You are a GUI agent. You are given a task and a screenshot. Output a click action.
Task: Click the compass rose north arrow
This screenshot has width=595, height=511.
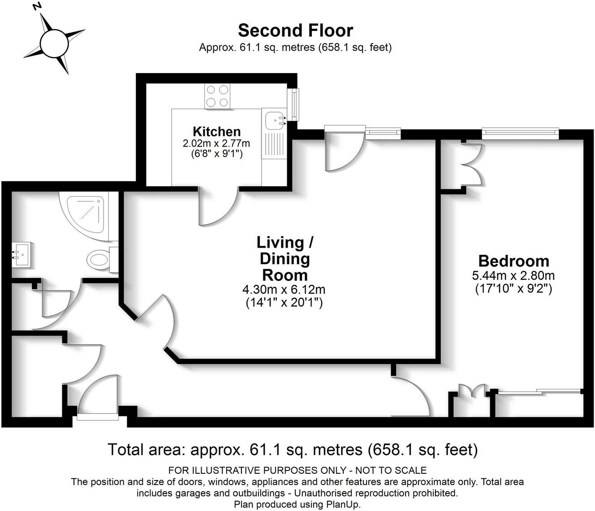[54, 43]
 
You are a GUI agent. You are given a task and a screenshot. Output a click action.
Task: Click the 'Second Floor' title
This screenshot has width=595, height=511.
[295, 31]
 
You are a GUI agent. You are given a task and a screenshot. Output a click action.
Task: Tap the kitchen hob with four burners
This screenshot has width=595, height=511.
[217, 96]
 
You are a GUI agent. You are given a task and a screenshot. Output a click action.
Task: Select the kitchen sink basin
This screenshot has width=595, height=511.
[274, 120]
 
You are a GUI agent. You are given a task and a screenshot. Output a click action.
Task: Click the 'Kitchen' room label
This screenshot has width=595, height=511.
[216, 131]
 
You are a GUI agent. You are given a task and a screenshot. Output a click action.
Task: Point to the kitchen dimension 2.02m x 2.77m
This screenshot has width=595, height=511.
[216, 144]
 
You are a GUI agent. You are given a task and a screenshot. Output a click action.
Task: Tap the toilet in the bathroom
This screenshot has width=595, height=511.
[100, 259]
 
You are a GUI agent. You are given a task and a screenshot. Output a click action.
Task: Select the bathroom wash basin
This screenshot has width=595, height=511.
[21, 255]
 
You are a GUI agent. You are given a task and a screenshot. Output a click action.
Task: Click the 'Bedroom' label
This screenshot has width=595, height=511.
[513, 261]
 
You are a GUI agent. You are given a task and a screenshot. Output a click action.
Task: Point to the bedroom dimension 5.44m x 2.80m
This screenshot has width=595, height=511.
[513, 275]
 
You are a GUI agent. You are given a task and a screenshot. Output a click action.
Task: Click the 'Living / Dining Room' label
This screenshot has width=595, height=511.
[285, 258]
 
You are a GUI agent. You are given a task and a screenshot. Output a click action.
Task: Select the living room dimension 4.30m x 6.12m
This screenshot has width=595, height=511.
[284, 290]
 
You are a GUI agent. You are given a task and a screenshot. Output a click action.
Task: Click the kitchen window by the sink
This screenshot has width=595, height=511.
[294, 105]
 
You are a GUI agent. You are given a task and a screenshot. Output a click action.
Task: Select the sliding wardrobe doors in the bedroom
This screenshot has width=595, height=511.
[539, 392]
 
